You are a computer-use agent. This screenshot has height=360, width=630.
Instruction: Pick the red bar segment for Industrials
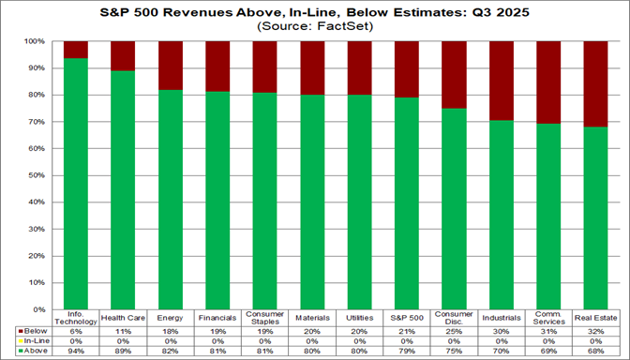(502, 82)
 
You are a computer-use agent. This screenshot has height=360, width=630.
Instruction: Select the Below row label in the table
(35, 331)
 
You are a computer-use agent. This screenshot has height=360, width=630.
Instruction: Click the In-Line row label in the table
(36, 340)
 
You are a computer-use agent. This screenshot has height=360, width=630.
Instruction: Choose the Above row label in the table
(35, 350)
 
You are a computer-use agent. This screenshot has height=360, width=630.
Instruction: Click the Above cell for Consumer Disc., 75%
(454, 350)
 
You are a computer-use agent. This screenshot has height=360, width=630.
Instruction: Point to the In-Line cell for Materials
(311, 340)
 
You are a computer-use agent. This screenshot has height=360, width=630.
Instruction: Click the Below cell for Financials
(217, 331)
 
